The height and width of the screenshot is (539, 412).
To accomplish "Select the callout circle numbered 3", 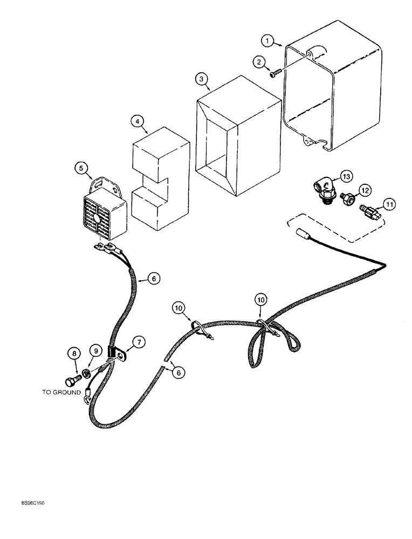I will tap(201, 79).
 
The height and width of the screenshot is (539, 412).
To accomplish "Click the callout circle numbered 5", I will tap(82, 168).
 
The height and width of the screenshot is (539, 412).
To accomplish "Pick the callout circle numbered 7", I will tap(139, 341).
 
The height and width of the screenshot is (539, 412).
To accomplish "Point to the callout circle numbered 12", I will tap(365, 190).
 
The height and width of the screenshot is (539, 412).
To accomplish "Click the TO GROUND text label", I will tap(61, 392).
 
